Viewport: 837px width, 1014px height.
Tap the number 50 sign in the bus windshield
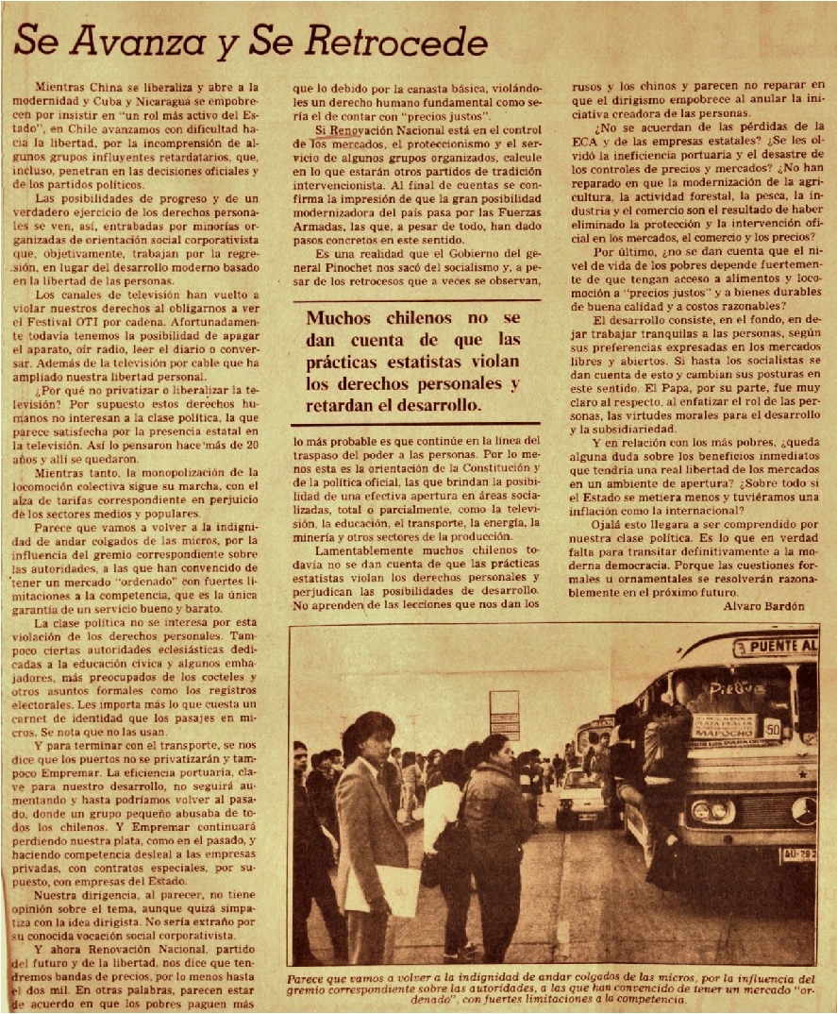coord(772,729)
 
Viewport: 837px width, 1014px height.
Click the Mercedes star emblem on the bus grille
coord(804,809)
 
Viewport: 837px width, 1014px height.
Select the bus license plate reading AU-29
coord(797,855)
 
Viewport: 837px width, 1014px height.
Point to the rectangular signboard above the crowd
coord(504,714)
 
